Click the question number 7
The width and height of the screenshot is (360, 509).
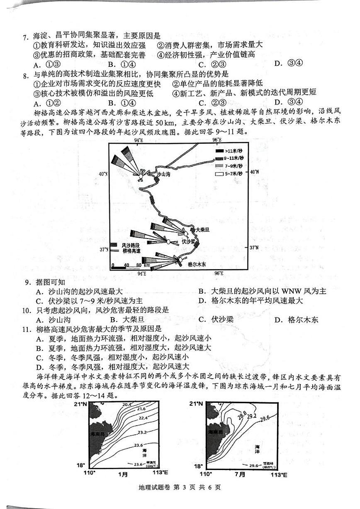point(25,37)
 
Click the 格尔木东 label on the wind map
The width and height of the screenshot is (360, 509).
point(197,264)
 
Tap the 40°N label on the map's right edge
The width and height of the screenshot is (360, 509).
point(254,171)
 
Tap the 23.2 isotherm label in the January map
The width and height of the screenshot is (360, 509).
point(142,432)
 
